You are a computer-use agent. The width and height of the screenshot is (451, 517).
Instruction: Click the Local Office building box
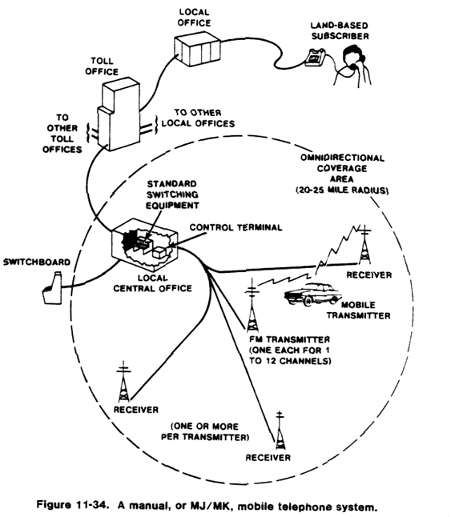[197, 50]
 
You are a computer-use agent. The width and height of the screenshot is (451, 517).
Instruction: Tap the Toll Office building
[119, 114]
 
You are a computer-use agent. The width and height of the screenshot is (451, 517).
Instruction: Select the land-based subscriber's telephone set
[315, 57]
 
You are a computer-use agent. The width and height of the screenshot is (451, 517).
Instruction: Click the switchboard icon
[53, 288]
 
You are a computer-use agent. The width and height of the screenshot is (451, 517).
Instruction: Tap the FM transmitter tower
[252, 306]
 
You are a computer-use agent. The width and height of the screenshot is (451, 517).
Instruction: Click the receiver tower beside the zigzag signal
[364, 245]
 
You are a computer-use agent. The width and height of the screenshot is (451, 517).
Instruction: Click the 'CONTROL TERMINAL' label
[236, 227]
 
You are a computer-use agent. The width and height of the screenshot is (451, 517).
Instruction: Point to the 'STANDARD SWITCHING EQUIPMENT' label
[172, 194]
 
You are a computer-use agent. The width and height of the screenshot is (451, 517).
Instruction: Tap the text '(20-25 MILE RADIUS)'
[342, 190]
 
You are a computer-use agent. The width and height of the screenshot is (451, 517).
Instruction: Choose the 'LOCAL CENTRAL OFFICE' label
[152, 283]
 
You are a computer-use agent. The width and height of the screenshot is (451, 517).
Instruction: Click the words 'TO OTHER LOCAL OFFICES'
[198, 118]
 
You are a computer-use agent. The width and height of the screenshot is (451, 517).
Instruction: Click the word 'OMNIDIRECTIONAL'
[342, 158]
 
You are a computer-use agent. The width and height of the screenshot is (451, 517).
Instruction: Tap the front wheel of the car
[308, 302]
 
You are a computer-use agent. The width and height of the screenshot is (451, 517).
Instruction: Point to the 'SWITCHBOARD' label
[37, 263]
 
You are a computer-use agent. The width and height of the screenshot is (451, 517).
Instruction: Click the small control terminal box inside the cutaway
[159, 252]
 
